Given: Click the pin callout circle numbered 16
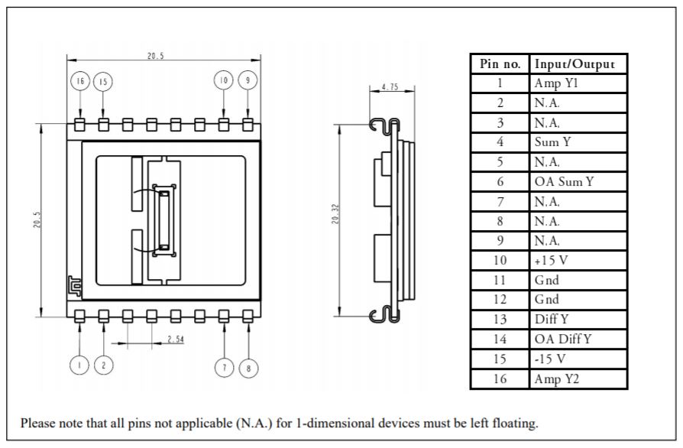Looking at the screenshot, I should (x=80, y=81).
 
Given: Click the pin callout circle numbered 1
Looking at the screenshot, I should (x=79, y=366).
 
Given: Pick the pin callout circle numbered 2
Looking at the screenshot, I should (x=103, y=366).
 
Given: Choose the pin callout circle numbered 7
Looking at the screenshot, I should (x=224, y=368).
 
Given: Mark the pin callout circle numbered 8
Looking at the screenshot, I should (x=248, y=368).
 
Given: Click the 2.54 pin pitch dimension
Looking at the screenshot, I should (x=175, y=339).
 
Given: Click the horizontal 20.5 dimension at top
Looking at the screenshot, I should (x=155, y=55).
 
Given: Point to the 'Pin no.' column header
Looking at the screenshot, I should (x=500, y=63).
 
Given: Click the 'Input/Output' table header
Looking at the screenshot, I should (x=569, y=63).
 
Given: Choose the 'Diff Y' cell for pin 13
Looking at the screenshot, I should (x=552, y=319).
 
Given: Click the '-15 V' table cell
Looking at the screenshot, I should (x=551, y=359).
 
